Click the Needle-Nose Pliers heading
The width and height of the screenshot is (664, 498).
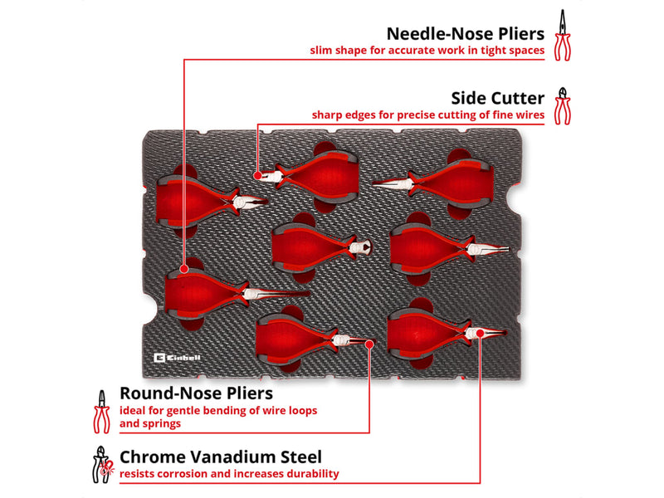click(466, 34)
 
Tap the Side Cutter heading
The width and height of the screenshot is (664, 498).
click(497, 98)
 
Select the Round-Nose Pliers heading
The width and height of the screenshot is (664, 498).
click(196, 393)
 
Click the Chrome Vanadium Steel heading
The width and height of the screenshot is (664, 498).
click(221, 457)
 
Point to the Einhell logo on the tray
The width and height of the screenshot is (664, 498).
click(178, 359)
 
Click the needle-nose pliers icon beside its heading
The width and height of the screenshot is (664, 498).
click(563, 35)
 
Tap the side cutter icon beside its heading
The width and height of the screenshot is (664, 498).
click(563, 106)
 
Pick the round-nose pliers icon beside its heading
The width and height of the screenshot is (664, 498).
click(101, 412)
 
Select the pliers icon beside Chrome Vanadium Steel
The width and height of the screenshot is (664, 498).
click(102, 465)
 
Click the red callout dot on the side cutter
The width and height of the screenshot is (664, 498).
click(257, 175)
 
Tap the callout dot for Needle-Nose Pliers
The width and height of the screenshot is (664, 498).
click(183, 269)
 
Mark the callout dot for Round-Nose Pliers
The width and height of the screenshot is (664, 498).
click(369, 344)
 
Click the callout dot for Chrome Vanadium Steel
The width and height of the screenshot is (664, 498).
click(480, 334)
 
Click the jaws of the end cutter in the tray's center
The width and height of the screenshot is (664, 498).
click(361, 247)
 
